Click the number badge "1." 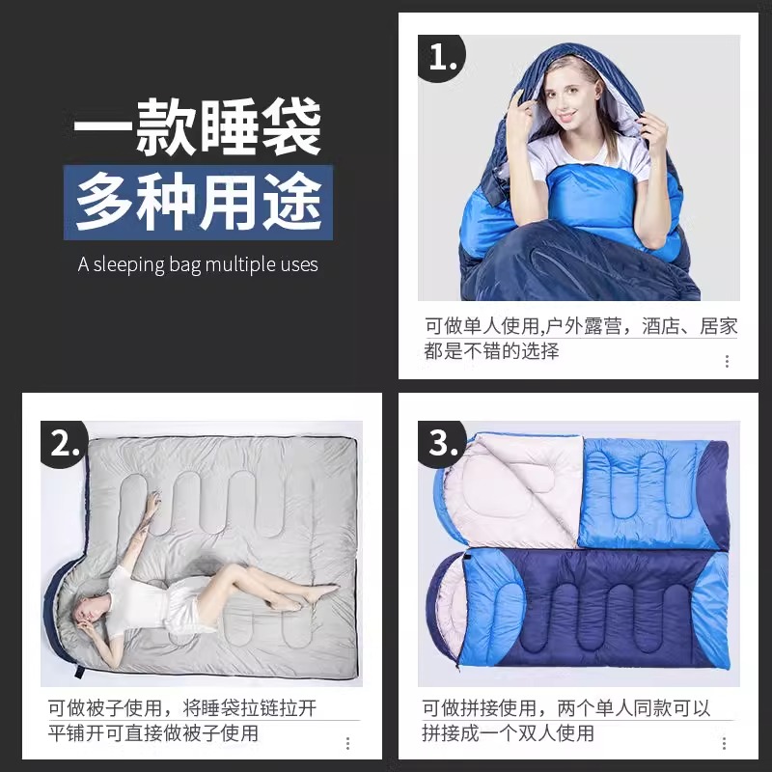click(x=441, y=57)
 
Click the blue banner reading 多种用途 click(x=198, y=203)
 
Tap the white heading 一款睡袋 click(x=197, y=125)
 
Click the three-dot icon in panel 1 click(x=727, y=361)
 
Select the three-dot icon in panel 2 click(x=347, y=743)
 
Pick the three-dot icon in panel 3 click(x=724, y=743)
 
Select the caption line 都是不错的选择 click(x=491, y=351)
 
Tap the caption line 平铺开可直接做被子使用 click(x=153, y=733)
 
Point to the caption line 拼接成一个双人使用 click(x=508, y=733)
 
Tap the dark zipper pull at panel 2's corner click(x=80, y=671)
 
